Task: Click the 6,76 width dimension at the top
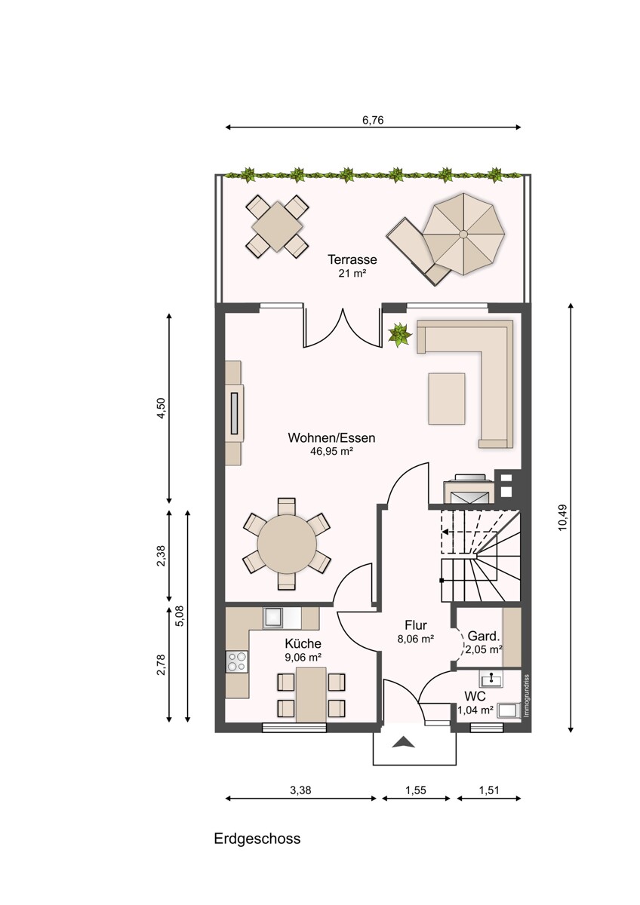click(x=372, y=121)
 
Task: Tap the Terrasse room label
click(x=352, y=259)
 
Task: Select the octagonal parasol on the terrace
click(x=463, y=234)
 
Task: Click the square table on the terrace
click(x=277, y=226)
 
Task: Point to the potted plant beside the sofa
click(x=399, y=335)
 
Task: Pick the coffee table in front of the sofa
click(x=447, y=399)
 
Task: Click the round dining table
click(x=287, y=544)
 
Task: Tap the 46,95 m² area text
click(x=331, y=451)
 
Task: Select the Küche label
click(x=303, y=643)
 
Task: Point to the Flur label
click(x=416, y=625)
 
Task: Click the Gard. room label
click(x=484, y=637)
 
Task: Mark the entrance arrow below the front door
click(x=403, y=742)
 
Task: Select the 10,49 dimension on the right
click(x=562, y=517)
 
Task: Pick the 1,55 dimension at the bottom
click(x=416, y=790)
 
